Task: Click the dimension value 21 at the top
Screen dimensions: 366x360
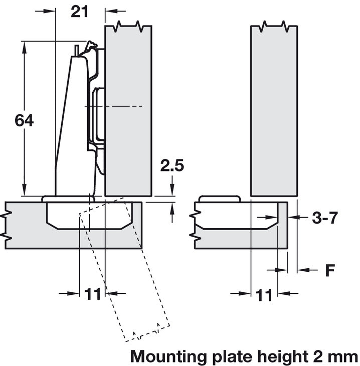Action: point(79,12)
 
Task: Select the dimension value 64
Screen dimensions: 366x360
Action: point(24,121)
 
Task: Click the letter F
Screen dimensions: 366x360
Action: point(329,271)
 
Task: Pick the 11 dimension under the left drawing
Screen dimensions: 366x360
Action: point(93,294)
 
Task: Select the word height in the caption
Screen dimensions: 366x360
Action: point(282,356)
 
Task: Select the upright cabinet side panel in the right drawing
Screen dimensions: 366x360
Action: point(274,110)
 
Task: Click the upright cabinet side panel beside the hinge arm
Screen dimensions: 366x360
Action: point(128,110)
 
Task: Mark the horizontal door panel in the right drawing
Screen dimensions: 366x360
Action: point(241,238)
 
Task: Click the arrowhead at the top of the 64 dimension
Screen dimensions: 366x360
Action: point(24,46)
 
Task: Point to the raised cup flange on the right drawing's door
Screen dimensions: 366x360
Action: point(220,199)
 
